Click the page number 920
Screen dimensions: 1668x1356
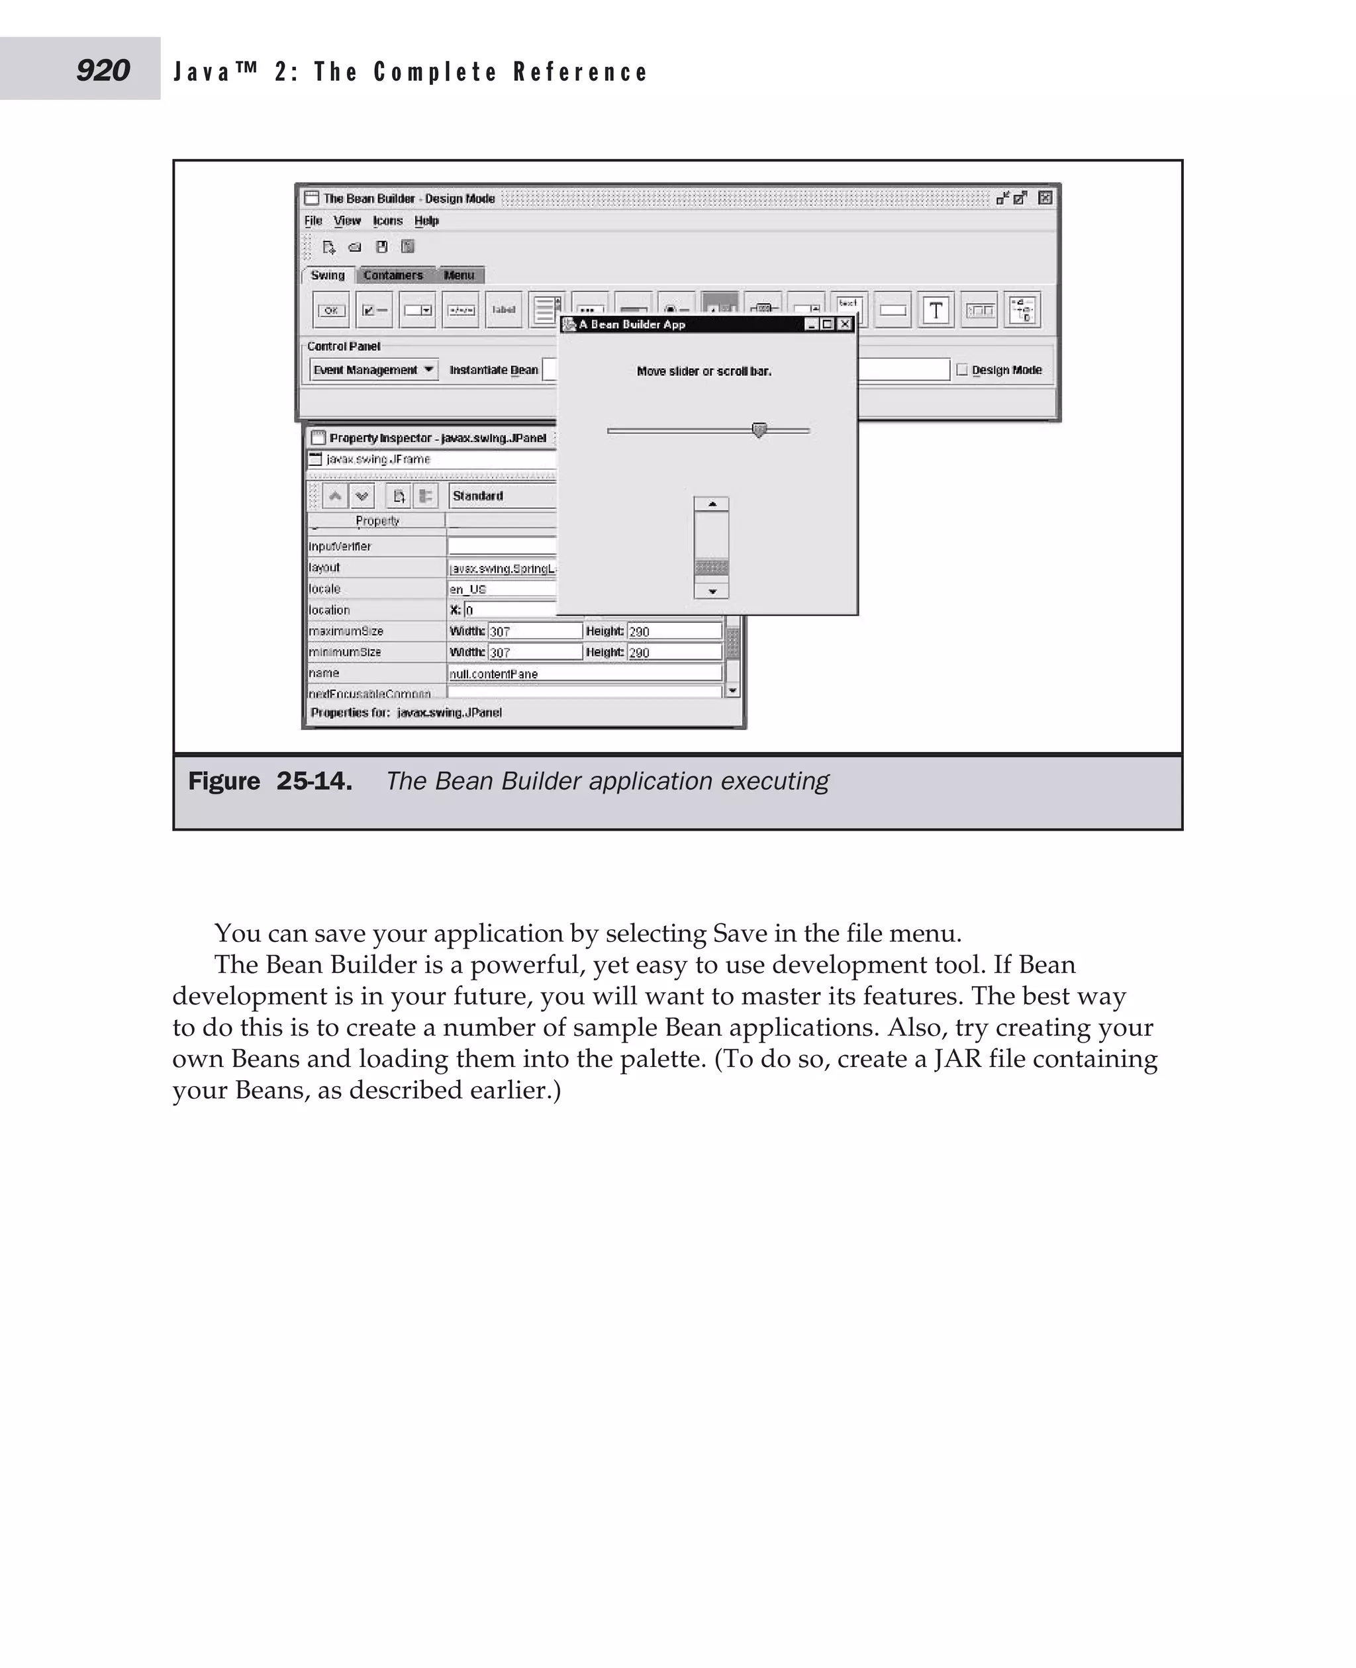point(103,70)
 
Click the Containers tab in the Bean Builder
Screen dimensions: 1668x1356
point(393,275)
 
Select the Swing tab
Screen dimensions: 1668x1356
point(327,275)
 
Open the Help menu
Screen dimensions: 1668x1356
point(426,221)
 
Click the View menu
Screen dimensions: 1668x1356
point(347,221)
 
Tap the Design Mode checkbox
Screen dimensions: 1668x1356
point(962,369)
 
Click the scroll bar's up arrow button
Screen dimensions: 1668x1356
point(712,504)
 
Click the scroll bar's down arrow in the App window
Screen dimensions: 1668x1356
point(712,591)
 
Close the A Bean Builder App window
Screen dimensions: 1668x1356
point(845,324)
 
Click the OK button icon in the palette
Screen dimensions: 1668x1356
point(331,310)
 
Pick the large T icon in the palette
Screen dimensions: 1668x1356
point(936,310)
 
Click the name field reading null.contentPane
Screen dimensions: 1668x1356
point(584,673)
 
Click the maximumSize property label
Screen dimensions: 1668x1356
point(346,631)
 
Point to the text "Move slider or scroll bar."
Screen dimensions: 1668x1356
point(704,371)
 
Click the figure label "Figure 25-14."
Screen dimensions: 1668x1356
point(270,781)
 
